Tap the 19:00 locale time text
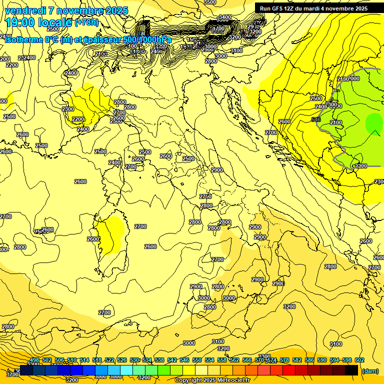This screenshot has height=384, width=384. tap(38, 23)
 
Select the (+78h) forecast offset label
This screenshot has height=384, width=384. tap(86, 23)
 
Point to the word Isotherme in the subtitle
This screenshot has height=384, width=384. tap(25, 40)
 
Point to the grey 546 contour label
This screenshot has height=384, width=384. tap(315, 120)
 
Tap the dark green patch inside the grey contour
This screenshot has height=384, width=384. tap(373, 122)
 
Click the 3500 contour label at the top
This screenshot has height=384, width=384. tap(210, 2)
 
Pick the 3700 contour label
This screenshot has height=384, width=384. tap(12, 374)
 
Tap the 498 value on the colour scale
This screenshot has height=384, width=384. tap(34, 360)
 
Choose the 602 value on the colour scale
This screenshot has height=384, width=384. tap(359, 360)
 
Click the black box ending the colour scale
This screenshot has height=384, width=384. tap(351, 370)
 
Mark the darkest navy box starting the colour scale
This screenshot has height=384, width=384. tap(26, 370)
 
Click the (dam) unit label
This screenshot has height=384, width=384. tap(370, 371)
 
